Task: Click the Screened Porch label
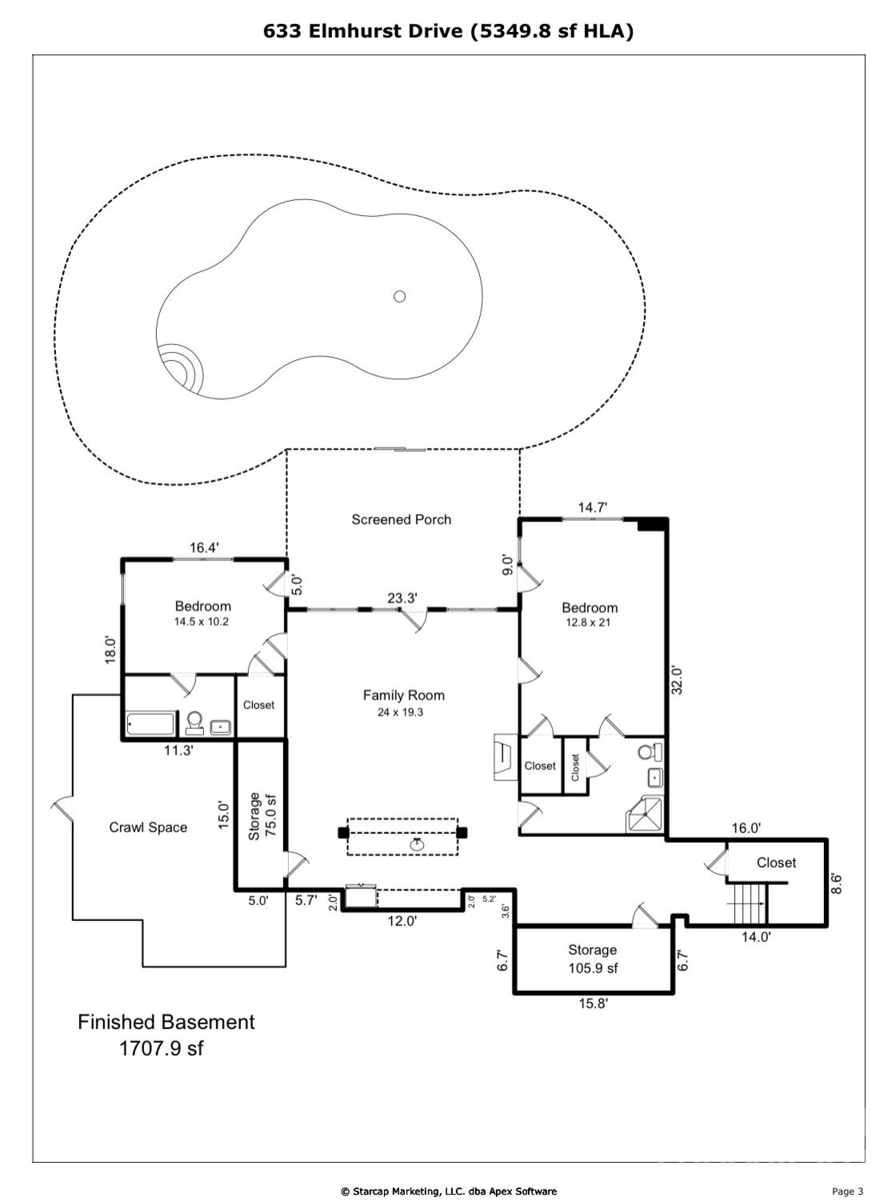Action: click(x=401, y=519)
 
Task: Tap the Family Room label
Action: click(x=403, y=695)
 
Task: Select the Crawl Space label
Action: click(x=148, y=827)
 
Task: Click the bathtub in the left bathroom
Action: click(x=150, y=725)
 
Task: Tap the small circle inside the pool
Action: click(x=399, y=296)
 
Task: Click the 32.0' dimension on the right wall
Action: click(x=677, y=679)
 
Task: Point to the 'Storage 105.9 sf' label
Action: click(x=592, y=959)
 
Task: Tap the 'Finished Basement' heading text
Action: click(x=166, y=1022)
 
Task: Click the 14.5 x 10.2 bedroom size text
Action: click(x=202, y=621)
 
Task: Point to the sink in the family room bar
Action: click(x=417, y=843)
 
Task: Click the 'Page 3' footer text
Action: click(x=847, y=1192)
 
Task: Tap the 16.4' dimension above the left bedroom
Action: click(x=203, y=548)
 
